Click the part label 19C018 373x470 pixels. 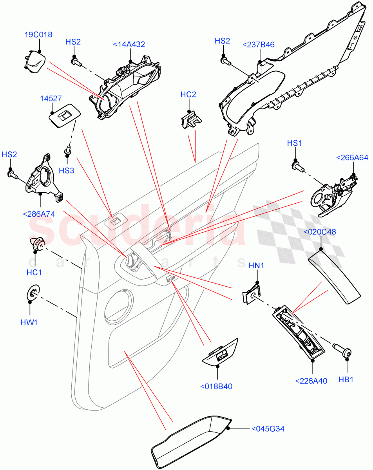[38, 35]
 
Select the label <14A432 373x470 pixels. [129, 45]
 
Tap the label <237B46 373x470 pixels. [259, 45]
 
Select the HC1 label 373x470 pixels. [34, 272]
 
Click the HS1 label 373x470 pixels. [294, 144]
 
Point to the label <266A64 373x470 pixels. [352, 158]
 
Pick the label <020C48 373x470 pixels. [320, 231]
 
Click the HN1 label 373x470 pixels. [257, 266]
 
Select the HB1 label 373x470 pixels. [346, 380]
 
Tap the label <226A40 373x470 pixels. [311, 380]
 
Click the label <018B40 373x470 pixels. [216, 386]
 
